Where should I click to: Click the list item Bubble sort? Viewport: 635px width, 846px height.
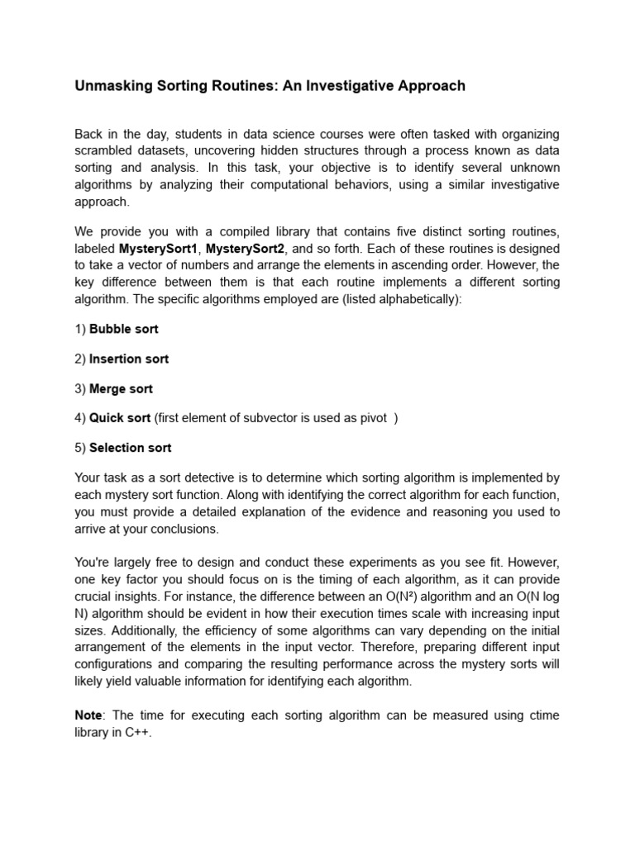pos(123,329)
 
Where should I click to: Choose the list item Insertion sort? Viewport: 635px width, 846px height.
pos(129,359)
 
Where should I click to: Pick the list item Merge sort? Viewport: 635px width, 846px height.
pos(121,388)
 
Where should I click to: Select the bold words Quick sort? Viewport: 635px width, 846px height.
pos(119,418)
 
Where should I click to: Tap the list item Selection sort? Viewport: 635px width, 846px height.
pos(130,448)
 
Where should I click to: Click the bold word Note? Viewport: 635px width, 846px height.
pos(89,715)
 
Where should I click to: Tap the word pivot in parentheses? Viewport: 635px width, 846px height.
pos(372,418)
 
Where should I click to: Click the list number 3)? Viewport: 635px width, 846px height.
pos(80,388)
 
